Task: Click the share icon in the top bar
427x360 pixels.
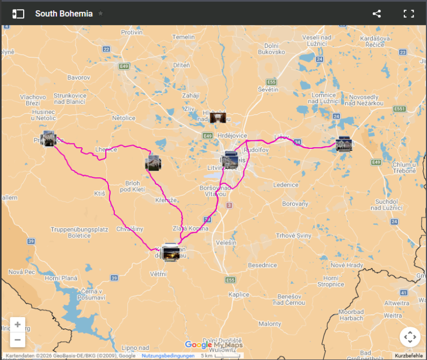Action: (x=377, y=14)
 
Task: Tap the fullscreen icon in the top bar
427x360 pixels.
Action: (x=409, y=14)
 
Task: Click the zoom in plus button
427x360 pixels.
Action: (x=18, y=325)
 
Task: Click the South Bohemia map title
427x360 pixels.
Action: (x=63, y=14)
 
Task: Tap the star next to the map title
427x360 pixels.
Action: (x=100, y=13)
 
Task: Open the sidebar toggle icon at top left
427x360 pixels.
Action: (x=18, y=14)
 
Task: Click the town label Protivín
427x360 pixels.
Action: (x=132, y=33)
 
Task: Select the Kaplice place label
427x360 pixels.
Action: (x=238, y=294)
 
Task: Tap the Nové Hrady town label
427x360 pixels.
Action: (x=347, y=265)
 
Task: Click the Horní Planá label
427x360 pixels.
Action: (x=61, y=278)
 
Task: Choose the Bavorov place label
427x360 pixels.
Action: (x=78, y=77)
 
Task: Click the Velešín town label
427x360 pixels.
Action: (x=226, y=243)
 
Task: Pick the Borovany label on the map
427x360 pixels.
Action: (x=295, y=204)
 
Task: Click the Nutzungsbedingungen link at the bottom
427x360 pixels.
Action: (x=168, y=356)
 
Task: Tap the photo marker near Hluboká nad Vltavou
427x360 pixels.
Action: (x=218, y=118)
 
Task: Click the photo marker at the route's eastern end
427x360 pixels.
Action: (x=344, y=145)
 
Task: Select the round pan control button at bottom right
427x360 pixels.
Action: (x=410, y=337)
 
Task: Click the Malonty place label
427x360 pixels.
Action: (x=270, y=324)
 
